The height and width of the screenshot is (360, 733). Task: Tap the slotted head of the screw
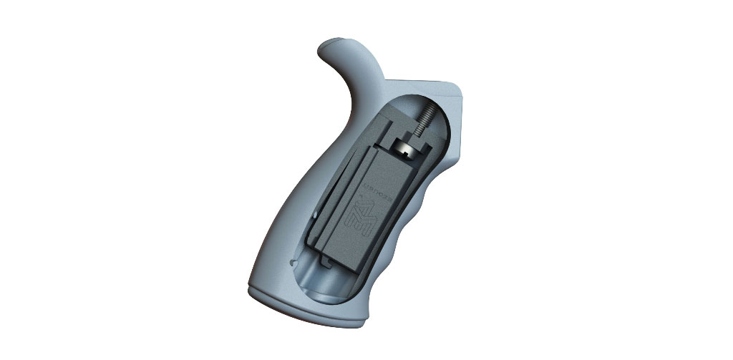406,149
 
